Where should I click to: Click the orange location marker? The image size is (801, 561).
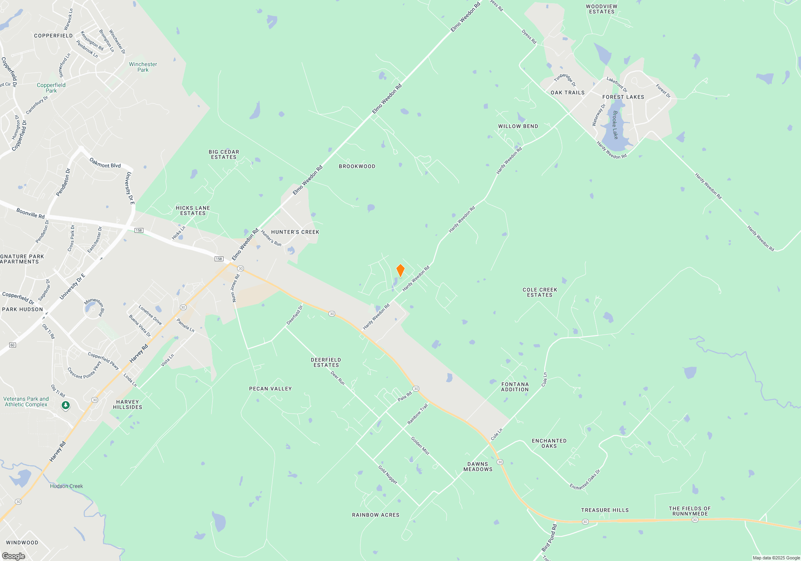coord(400,270)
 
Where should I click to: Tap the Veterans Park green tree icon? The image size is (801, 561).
coord(66,406)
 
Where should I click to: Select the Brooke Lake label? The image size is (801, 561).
coord(615,125)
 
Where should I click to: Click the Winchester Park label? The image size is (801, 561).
coord(143,67)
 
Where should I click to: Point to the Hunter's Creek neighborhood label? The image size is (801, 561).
coord(295,232)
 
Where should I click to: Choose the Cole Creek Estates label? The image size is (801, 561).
coord(540,292)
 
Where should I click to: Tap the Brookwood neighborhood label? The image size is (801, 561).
coord(357,166)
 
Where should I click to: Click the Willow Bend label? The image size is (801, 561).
coord(518,126)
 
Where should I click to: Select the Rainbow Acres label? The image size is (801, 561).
coord(376,515)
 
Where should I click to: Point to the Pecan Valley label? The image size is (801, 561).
coord(270,389)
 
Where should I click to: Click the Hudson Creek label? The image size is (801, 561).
coord(66,486)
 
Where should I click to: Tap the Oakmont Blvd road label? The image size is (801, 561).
coord(105,163)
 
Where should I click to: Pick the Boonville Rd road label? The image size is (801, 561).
coord(30,213)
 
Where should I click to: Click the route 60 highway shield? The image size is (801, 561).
coord(12,345)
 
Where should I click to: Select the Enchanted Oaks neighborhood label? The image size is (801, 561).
coord(549,443)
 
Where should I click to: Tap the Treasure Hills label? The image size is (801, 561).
coord(605,510)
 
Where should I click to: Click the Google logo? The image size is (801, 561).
coord(13,556)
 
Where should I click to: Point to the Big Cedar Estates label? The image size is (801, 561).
coord(224,154)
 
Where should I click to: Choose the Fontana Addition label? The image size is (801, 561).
coord(515,387)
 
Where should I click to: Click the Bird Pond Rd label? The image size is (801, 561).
coord(549,538)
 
